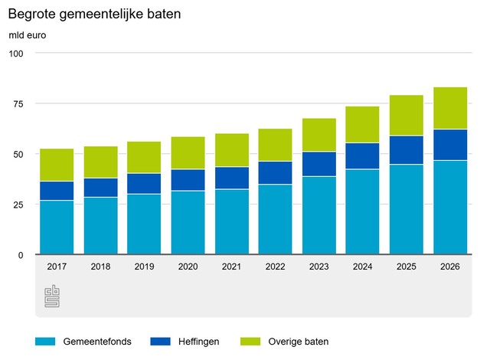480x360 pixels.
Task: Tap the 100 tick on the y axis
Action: [17, 54]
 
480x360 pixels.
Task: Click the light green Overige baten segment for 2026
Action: [451, 108]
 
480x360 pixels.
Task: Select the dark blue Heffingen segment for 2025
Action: [407, 150]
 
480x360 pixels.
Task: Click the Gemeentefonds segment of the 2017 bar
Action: [57, 227]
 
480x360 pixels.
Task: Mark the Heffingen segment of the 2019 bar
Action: [144, 184]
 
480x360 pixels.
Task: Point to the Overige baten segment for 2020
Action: [188, 153]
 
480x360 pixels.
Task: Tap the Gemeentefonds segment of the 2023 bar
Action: [319, 215]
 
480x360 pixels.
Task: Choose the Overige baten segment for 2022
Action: [276, 145]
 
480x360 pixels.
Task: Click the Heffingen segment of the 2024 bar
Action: [363, 156]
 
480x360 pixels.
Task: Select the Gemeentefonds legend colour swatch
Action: [46, 341]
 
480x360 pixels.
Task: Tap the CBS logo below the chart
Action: [51, 296]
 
